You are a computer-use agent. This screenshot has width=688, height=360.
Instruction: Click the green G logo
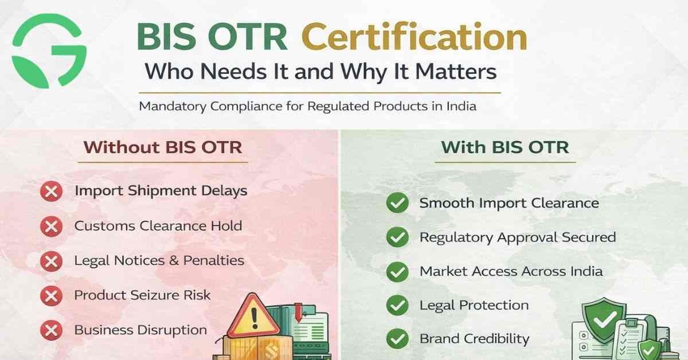tap(49, 50)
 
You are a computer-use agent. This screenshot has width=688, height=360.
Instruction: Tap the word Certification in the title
tap(414, 38)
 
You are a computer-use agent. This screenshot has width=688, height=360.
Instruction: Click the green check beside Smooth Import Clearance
tap(397, 204)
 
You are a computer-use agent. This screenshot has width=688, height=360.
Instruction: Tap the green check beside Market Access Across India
tap(397, 272)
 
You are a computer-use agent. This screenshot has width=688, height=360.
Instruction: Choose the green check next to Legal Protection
tap(397, 306)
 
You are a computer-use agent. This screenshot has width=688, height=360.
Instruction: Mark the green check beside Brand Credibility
tap(397, 339)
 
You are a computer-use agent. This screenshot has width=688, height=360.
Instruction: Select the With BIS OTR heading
tap(505, 147)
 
